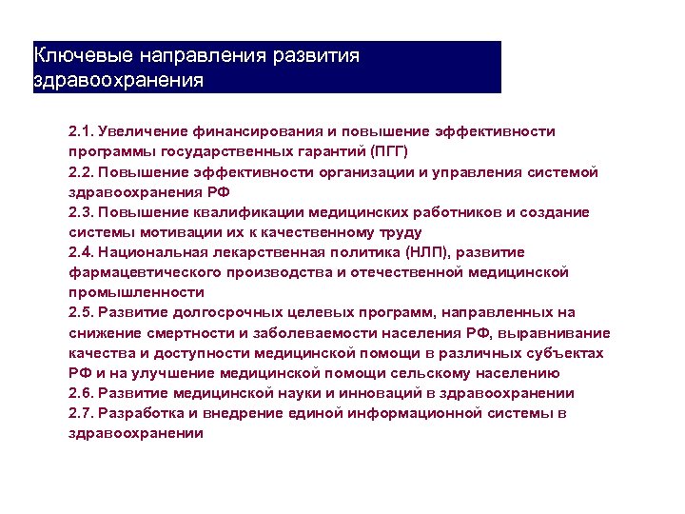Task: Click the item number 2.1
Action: pyautogui.click(x=81, y=130)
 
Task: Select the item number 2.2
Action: pyautogui.click(x=81, y=171)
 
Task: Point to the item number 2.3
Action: pyautogui.click(x=81, y=211)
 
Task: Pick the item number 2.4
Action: pyautogui.click(x=81, y=251)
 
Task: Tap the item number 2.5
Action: pyautogui.click(x=81, y=312)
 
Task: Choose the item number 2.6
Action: pyautogui.click(x=81, y=392)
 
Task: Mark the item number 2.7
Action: pyautogui.click(x=81, y=413)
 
